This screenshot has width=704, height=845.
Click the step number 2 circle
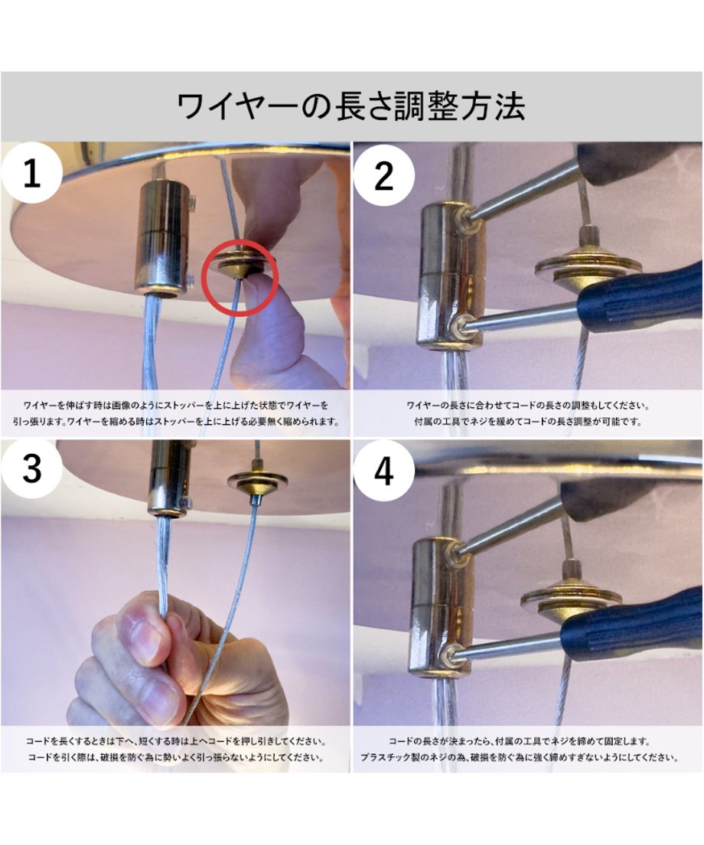[383, 175]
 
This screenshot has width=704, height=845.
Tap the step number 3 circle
[32, 468]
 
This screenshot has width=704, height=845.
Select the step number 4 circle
[383, 471]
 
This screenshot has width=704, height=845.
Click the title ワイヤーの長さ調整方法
[351, 106]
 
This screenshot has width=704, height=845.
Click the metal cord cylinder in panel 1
[161, 235]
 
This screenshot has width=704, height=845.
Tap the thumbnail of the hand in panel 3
[137, 631]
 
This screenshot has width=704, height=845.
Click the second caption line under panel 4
[520, 757]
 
